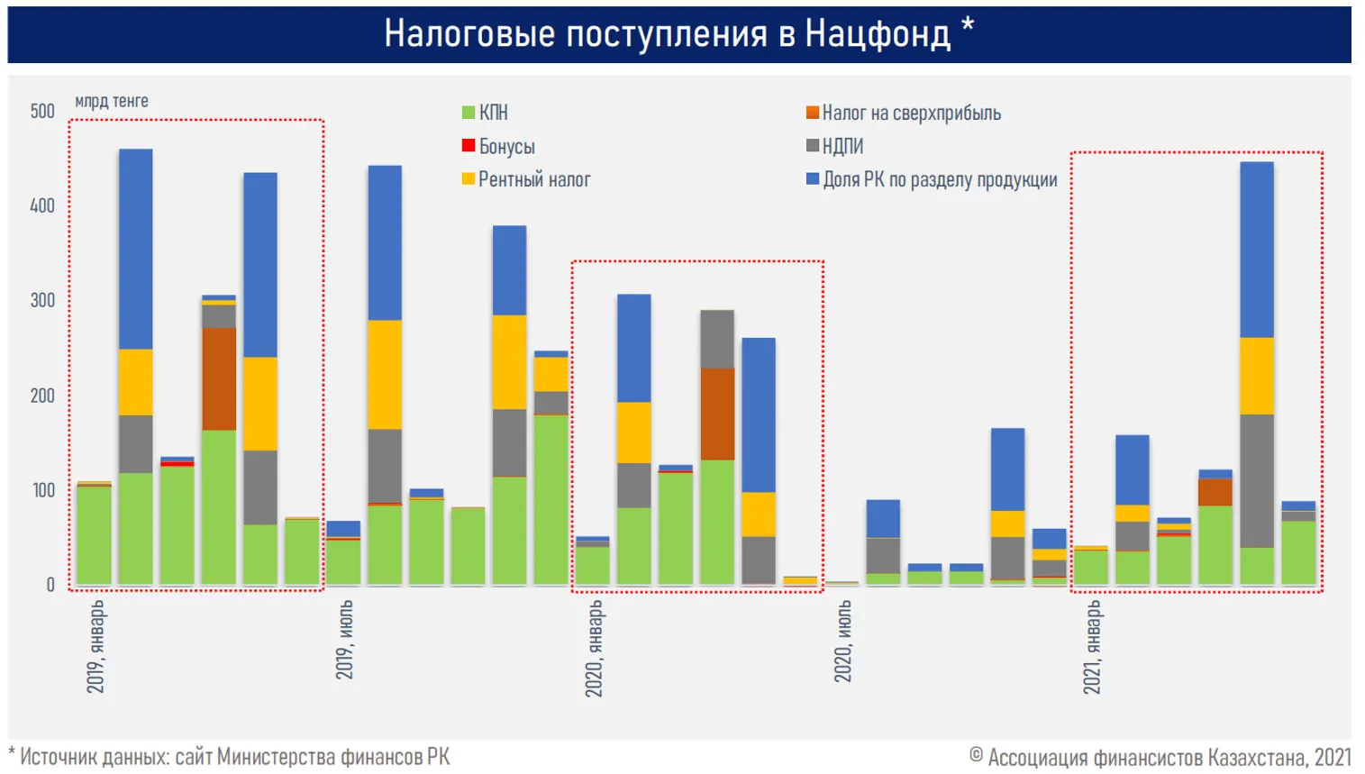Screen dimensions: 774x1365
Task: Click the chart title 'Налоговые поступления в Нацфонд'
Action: coord(668,34)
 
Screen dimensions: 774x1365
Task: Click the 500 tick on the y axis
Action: coord(42,111)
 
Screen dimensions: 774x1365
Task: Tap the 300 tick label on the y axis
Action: coord(42,300)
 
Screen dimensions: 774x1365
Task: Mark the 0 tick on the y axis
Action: coord(50,585)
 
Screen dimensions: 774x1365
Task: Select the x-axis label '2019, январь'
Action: coord(96,646)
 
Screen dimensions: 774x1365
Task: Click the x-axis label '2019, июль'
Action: coord(344,640)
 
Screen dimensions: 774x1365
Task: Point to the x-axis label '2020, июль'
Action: coord(842,641)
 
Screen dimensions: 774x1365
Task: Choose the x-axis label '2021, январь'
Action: coord(1092,647)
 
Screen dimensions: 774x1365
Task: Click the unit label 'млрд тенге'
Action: coord(112,101)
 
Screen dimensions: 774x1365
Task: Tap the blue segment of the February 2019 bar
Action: coord(136,248)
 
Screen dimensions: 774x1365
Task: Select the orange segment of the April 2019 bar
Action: coord(219,378)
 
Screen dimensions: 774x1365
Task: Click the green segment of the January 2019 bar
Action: coord(94,535)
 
